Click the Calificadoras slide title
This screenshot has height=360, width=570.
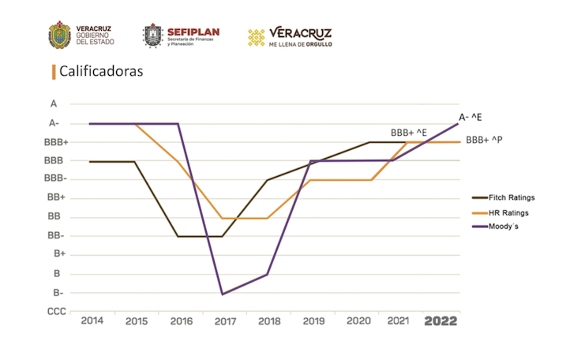click(x=100, y=72)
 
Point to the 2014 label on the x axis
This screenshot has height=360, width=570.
click(x=92, y=322)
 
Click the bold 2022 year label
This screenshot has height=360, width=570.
click(x=441, y=322)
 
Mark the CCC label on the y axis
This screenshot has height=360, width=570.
click(x=56, y=312)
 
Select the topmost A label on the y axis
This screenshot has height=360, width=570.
click(x=54, y=103)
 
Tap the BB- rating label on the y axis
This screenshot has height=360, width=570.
click(x=55, y=235)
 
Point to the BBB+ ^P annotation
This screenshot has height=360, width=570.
click(x=485, y=140)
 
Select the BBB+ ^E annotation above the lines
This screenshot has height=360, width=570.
click(x=409, y=132)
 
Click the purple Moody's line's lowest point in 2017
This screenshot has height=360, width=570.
click(x=223, y=294)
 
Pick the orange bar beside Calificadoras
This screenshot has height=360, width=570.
click(x=54, y=72)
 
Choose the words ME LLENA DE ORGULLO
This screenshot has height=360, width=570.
click(x=301, y=44)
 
